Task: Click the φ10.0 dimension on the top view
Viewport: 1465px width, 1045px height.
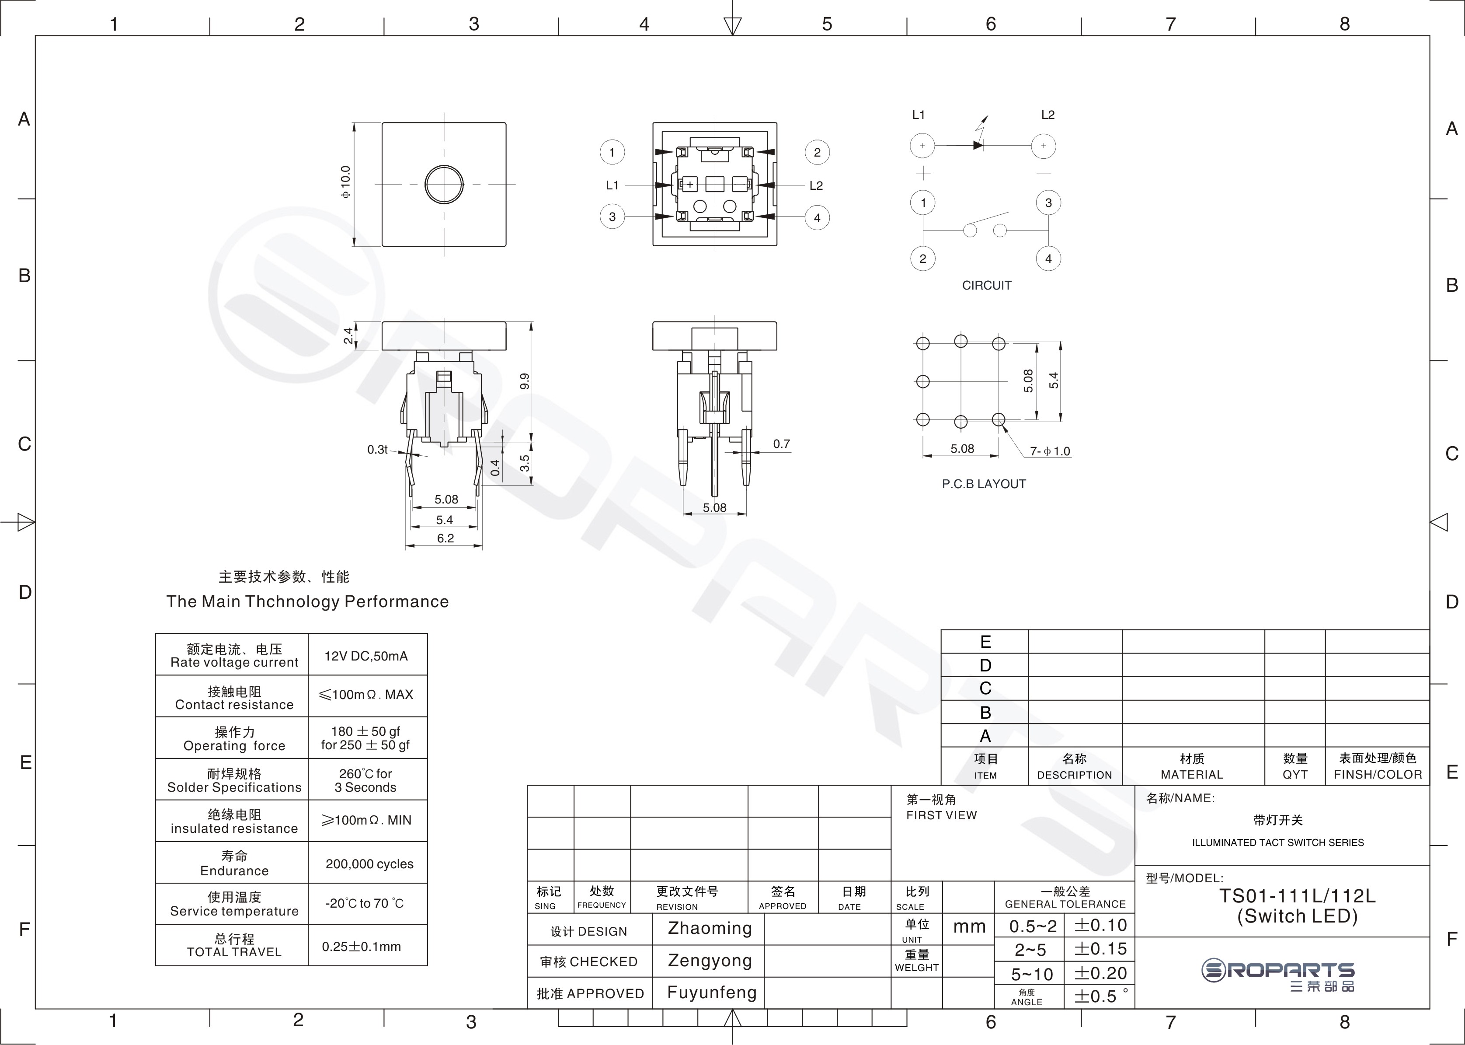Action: (x=346, y=182)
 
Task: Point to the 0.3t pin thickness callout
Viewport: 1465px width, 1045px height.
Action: (x=377, y=449)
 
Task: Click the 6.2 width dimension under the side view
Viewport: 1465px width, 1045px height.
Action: (x=445, y=538)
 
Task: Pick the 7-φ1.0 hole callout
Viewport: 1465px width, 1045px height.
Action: (x=1050, y=451)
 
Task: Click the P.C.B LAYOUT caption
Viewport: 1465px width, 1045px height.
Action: (x=984, y=484)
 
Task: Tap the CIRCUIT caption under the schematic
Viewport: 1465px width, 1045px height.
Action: (x=987, y=285)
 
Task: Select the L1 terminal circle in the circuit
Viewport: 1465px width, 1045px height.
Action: (x=922, y=145)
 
